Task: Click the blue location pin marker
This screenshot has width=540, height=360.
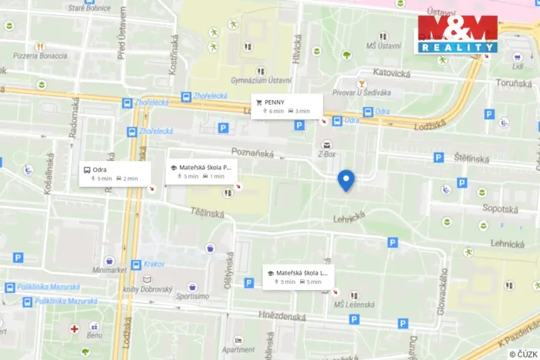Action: pos(346,179)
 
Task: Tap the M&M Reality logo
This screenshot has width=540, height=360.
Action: pos(457,34)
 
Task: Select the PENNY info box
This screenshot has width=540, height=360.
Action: pos(285,106)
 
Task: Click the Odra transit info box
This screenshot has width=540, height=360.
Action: pos(114,174)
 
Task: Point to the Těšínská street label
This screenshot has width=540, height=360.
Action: pos(208,212)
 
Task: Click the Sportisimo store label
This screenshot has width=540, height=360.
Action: pos(192,295)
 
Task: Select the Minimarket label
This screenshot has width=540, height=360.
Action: pos(108,270)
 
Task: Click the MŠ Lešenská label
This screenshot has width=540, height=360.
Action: pos(353,305)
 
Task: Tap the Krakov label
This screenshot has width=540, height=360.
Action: pos(154,264)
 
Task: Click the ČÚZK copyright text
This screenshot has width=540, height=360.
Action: pos(523,354)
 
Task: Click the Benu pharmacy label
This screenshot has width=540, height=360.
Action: pos(94,335)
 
